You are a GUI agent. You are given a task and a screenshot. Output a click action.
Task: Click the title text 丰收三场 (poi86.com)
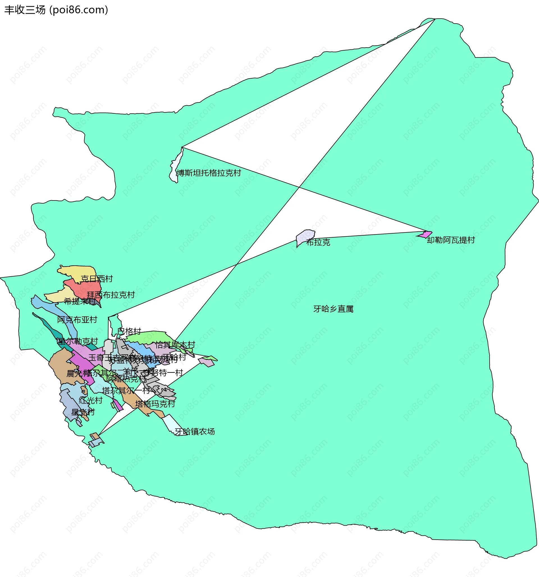click(56, 10)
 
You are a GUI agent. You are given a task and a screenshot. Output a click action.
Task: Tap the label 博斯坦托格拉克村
click(209, 173)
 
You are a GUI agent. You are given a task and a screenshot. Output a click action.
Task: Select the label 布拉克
click(318, 242)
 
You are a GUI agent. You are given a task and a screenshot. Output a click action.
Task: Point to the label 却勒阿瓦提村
click(451, 240)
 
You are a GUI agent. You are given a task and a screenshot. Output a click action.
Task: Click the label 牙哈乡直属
click(333, 309)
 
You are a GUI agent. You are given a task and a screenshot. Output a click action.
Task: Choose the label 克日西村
click(97, 279)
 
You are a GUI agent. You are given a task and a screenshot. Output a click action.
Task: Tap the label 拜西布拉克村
click(111, 295)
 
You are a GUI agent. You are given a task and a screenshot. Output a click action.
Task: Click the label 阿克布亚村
click(77, 320)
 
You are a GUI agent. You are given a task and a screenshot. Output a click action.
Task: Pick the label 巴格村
click(129, 331)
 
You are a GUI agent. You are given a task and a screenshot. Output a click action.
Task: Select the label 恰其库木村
click(175, 345)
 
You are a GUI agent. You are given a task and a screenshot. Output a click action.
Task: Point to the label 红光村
click(91, 400)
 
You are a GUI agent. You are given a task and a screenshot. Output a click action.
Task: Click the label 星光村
click(83, 412)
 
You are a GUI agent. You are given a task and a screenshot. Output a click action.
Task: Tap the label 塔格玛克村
click(155, 404)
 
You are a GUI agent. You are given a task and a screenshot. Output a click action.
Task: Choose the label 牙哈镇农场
click(195, 431)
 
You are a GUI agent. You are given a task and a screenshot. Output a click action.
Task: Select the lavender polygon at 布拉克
click(305, 236)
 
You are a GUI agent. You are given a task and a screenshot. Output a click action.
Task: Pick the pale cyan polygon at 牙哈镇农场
click(173, 424)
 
